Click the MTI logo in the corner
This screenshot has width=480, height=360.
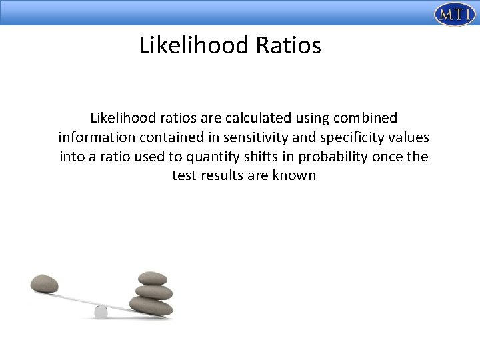(451, 14)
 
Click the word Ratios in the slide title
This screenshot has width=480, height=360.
(289, 45)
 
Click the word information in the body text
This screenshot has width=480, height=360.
(97, 139)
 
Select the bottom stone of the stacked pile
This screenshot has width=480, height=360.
(151, 306)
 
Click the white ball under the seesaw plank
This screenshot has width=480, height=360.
(101, 311)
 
